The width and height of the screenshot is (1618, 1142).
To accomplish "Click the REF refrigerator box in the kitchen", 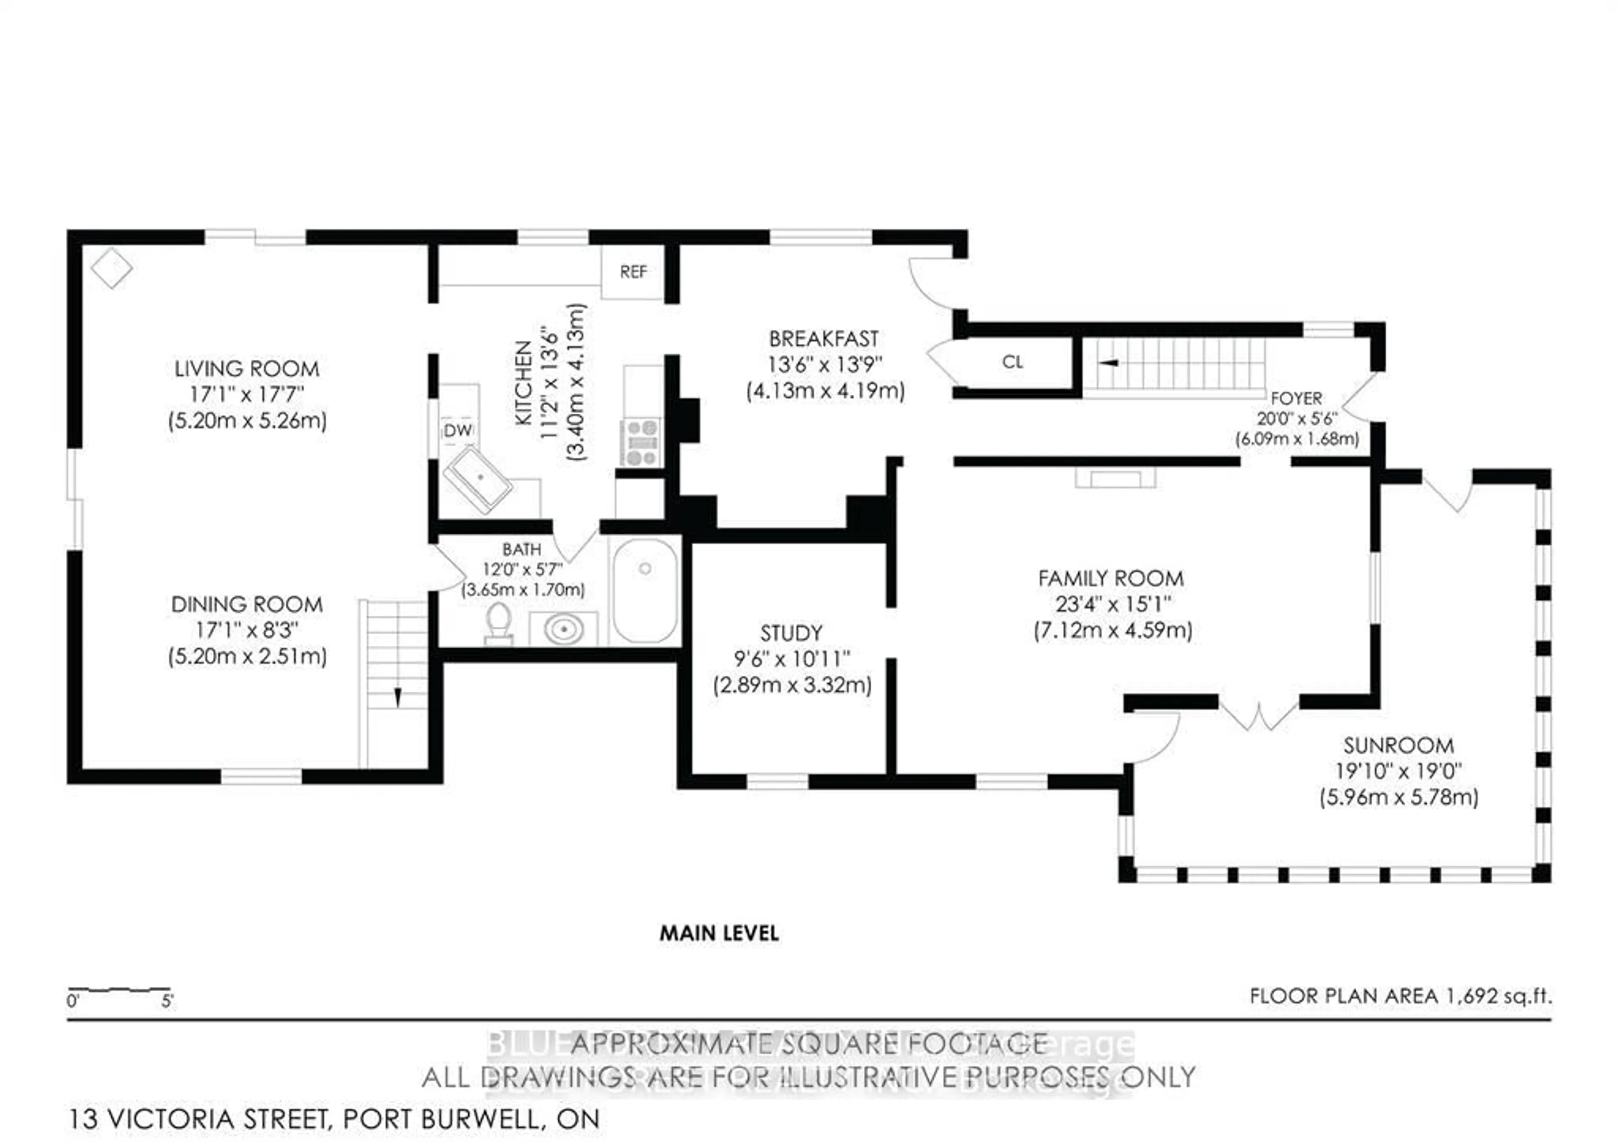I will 633,272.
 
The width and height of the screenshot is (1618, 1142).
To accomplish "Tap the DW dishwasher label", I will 457,430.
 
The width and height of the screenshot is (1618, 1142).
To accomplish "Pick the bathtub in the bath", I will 645,590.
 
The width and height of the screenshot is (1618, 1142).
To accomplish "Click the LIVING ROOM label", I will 246,369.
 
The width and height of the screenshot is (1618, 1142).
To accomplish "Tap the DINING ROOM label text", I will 246,604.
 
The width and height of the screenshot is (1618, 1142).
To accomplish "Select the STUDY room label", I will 791,633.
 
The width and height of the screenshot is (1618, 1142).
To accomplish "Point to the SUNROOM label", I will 1398,745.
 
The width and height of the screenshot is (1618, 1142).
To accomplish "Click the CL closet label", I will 1012,362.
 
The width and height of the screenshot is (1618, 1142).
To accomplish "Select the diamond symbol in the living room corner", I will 111,268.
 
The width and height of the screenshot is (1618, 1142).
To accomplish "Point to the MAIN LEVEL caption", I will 719,933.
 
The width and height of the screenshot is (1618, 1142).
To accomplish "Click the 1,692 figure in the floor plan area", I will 1472,995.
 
